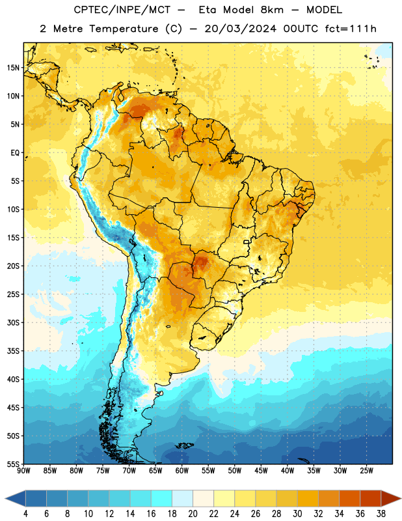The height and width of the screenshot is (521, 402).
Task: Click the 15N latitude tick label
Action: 13,68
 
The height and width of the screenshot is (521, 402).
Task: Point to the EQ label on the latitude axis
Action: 15,153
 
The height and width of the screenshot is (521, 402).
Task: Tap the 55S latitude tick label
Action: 13,464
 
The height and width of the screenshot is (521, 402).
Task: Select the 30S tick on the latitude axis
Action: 13,322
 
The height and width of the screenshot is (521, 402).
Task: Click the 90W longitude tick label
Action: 23,471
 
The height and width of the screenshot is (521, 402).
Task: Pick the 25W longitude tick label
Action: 366,471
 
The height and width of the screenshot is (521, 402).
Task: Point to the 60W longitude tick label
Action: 182,471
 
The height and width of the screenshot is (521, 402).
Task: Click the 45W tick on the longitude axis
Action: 261,471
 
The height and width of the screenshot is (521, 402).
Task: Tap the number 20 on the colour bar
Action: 193,514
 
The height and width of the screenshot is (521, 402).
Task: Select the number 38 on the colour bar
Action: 381,514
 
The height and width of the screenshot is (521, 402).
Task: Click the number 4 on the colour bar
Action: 25,514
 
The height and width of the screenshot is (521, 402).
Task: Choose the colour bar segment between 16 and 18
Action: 162,498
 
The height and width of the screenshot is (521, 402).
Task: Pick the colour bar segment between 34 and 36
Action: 350,498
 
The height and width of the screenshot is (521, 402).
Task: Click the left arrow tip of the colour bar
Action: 5,498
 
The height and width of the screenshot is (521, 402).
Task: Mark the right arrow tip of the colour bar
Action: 401,498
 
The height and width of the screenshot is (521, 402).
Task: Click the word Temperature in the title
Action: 124,29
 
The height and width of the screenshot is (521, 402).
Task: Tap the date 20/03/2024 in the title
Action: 240,29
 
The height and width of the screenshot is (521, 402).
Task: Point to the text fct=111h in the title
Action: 351,29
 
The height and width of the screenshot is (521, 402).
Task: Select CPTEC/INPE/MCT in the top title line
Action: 122,10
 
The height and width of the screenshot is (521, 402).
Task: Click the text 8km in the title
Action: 272,10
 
